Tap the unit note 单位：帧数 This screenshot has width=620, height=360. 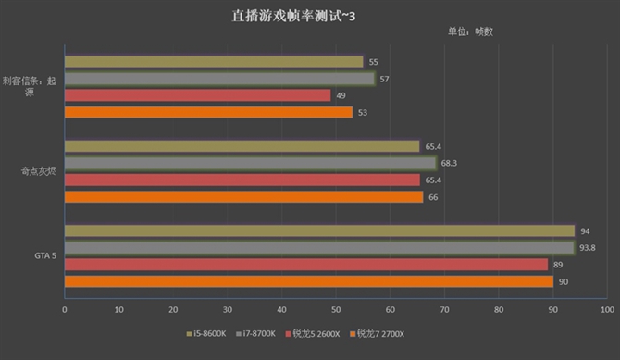(x=470, y=31)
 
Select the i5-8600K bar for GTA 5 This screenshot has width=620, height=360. (x=319, y=230)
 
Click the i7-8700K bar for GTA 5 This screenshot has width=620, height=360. (x=319, y=247)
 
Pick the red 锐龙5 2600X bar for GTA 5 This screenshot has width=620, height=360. (x=305, y=264)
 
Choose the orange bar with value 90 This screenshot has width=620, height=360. (x=308, y=281)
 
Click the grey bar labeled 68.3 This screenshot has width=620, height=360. (x=250, y=163)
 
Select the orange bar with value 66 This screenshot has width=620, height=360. (x=243, y=196)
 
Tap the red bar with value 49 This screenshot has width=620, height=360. (x=197, y=95)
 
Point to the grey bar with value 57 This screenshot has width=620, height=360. (x=219, y=79)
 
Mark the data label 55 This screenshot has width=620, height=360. (x=373, y=62)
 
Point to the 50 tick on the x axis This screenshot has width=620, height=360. (x=336, y=310)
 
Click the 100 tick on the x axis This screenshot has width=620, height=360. (x=607, y=310)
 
